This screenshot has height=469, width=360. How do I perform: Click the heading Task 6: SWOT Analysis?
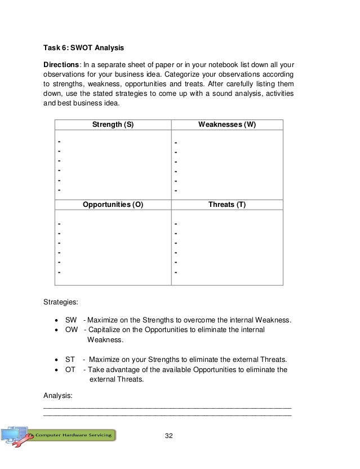(x=82, y=47)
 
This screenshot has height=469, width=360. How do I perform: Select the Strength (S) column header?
(x=113, y=125)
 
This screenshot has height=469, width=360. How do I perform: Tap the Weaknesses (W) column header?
(x=227, y=125)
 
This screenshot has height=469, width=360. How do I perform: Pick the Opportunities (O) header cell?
(x=113, y=205)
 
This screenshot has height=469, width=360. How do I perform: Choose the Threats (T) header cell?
(x=227, y=205)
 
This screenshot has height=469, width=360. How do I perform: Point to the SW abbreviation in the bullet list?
(x=71, y=321)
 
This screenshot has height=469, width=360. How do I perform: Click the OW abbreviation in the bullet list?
(x=72, y=330)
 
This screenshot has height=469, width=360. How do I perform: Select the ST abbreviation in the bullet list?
(x=70, y=360)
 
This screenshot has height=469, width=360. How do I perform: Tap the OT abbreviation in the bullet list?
(x=70, y=370)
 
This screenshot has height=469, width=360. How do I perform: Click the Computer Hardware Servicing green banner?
(x=73, y=435)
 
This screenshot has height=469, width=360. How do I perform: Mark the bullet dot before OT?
(x=56, y=370)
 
